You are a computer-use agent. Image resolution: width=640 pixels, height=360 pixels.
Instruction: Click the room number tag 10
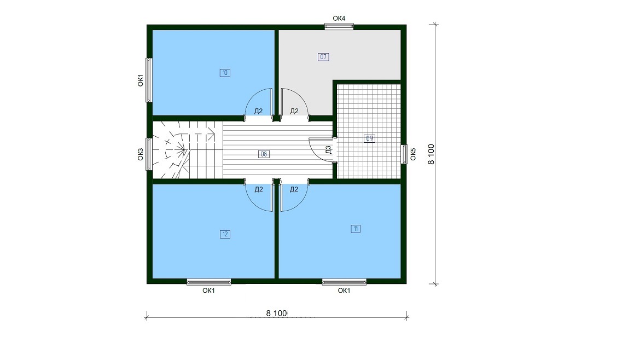pyautogui.click(x=225, y=73)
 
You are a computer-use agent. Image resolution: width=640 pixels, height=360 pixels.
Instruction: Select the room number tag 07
pyautogui.click(x=323, y=57)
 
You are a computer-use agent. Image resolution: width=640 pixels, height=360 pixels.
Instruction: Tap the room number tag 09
pyautogui.click(x=369, y=138)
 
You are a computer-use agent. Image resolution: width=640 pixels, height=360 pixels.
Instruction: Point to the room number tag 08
pyautogui.click(x=264, y=154)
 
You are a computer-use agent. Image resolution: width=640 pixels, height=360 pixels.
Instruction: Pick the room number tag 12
pyautogui.click(x=225, y=234)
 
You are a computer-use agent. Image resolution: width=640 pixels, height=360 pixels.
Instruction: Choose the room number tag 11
pyautogui.click(x=356, y=229)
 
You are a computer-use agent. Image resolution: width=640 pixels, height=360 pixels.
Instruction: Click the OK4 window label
pyautogui.click(x=339, y=19)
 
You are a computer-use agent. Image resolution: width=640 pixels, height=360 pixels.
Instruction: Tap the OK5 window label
pyautogui.click(x=413, y=154)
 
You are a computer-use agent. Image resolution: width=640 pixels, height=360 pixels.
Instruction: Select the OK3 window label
pyautogui.click(x=141, y=154)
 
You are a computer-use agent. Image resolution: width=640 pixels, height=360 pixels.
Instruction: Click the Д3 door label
pyautogui.click(x=329, y=150)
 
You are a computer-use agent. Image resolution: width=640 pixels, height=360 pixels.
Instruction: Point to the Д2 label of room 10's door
pyautogui.click(x=258, y=111)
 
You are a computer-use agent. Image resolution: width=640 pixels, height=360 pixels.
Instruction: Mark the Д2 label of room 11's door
pyautogui.click(x=294, y=189)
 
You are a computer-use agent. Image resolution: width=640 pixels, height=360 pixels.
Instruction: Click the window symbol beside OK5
pyautogui.click(x=404, y=154)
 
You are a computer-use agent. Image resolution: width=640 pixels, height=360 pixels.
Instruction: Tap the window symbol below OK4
pyautogui.click(x=339, y=26)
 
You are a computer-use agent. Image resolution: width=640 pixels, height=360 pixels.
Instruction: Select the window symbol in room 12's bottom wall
pyautogui.click(x=209, y=282)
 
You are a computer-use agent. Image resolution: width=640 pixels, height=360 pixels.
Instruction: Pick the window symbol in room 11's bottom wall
pyautogui.click(x=344, y=282)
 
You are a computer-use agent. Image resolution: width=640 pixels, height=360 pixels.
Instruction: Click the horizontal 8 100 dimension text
pyautogui.click(x=277, y=313)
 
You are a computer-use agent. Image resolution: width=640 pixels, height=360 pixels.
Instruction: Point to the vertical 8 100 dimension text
pyautogui.click(x=431, y=154)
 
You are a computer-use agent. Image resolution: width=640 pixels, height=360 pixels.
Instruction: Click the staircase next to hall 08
pyautogui.click(x=188, y=150)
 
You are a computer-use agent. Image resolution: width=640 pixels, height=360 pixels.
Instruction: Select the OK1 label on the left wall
pyautogui.click(x=141, y=80)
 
